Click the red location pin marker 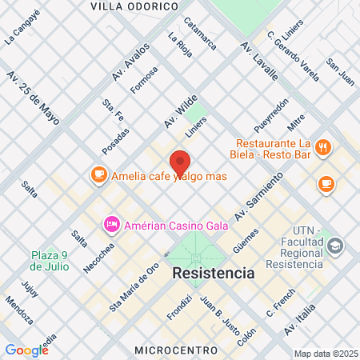click(x=180, y=165)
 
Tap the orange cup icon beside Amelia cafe click(x=99, y=174)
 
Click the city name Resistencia click(x=214, y=273)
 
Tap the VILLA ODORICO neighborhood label click(x=134, y=6)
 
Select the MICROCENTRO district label click(x=176, y=350)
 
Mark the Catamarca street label click(x=199, y=34)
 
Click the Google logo click(x=26, y=350)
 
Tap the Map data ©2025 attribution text click(x=325, y=354)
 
